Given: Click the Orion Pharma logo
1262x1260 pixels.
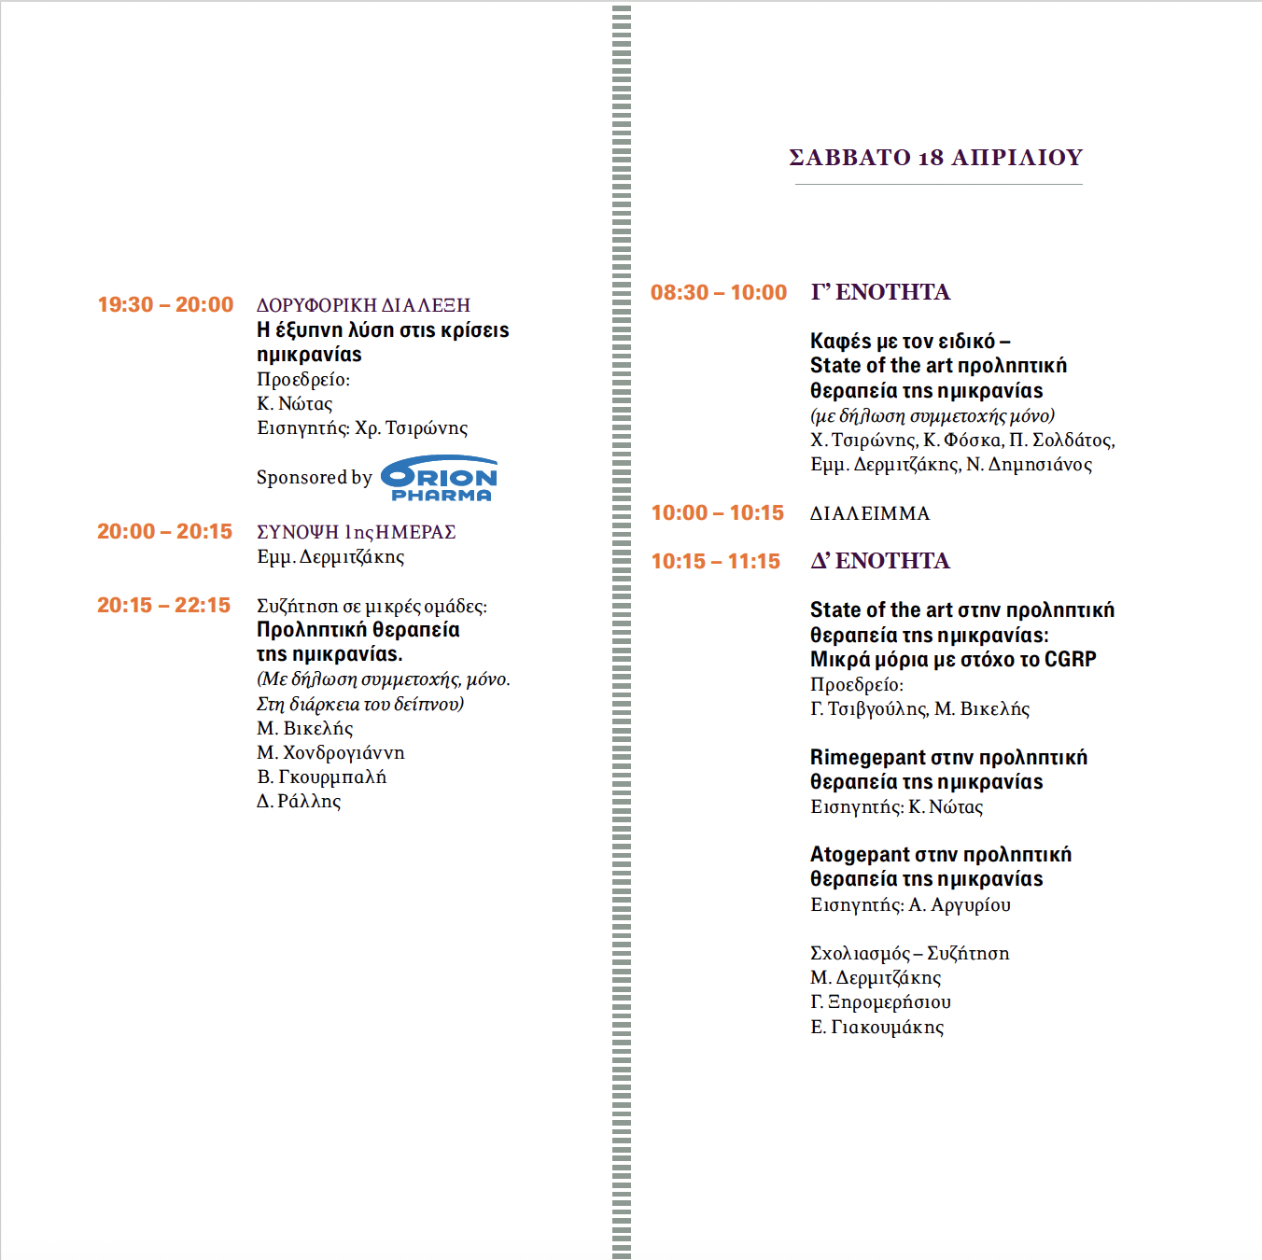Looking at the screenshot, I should (440, 478).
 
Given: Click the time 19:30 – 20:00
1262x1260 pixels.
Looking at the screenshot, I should (165, 305).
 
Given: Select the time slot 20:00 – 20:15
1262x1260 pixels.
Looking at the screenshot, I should (164, 532).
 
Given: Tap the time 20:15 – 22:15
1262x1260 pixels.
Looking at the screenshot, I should (163, 606).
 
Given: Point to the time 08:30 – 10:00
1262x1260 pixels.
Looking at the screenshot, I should (719, 293).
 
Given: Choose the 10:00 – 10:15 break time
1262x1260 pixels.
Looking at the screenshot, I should (717, 513).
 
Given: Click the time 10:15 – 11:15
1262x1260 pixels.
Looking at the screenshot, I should (715, 562).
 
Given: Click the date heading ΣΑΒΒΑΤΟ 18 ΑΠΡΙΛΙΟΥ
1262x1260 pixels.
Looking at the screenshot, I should (935, 158).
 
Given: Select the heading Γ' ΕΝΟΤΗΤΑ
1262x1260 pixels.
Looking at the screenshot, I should (880, 292).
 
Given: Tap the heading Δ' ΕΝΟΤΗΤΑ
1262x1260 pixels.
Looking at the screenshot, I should (880, 561).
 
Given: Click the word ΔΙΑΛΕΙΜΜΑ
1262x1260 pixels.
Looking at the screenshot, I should (869, 514).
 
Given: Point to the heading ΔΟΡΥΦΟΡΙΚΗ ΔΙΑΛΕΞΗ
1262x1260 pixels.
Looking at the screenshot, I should (363, 305).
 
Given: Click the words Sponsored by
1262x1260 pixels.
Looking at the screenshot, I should (314, 478).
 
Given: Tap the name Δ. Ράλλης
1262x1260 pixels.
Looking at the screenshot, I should (299, 802).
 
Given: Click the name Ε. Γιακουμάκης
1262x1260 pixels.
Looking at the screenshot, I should (876, 1028).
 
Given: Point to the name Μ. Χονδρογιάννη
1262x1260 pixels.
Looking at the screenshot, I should (330, 753).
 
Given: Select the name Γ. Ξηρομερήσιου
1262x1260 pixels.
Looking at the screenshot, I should (880, 1002).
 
